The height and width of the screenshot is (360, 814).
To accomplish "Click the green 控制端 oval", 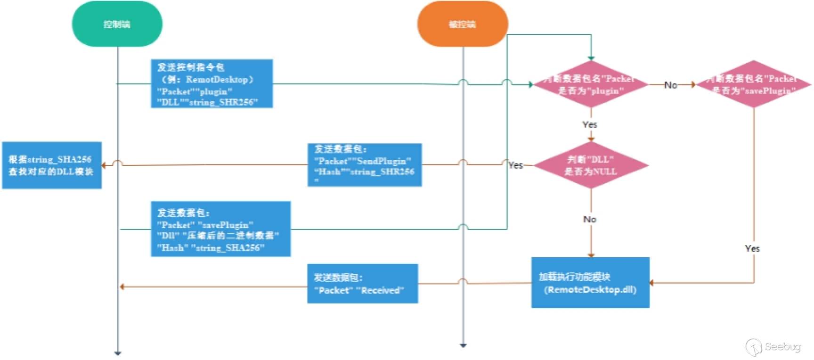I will (117, 24).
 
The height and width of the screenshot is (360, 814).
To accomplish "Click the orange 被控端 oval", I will (462, 24).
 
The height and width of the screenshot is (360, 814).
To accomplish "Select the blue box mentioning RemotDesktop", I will (212, 84).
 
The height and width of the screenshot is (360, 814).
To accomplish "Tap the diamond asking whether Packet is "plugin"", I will (591, 84).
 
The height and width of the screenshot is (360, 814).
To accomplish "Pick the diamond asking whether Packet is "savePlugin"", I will (753, 84).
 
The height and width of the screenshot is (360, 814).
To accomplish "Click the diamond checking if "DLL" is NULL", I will (591, 165).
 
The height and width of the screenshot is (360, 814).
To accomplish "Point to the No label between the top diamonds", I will (670, 85).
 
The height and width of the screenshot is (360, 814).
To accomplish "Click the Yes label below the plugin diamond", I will (590, 124).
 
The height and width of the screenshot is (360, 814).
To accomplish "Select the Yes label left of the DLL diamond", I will (515, 165).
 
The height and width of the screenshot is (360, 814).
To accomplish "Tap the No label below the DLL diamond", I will (590, 219).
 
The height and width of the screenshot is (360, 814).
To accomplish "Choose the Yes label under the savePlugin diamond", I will (752, 248).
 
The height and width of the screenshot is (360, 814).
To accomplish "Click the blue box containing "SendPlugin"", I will (365, 165).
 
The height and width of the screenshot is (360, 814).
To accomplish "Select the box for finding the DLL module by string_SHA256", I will (51, 165).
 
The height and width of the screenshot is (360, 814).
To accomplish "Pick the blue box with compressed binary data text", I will (220, 229).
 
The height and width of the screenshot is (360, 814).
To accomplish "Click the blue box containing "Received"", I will (363, 284).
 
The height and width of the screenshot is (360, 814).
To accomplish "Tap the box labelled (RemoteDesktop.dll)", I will (590, 283).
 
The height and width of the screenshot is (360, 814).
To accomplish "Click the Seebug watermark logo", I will (773, 347).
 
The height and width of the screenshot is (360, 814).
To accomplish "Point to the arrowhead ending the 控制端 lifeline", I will (118, 353).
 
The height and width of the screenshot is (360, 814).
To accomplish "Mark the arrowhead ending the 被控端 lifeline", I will (463, 345).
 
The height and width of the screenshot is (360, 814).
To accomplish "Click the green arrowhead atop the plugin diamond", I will (591, 58).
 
